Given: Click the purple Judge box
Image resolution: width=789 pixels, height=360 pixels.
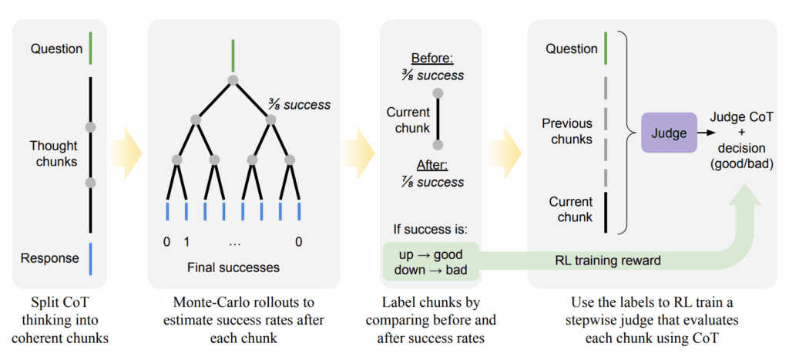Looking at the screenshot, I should pyautogui.click(x=669, y=133).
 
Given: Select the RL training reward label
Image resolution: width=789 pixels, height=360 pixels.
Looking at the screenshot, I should pyautogui.click(x=608, y=260).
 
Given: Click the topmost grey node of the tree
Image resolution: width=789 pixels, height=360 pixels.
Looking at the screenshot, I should pyautogui.click(x=233, y=79).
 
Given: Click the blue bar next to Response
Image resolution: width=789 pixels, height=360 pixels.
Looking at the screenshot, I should pyautogui.click(x=90, y=258).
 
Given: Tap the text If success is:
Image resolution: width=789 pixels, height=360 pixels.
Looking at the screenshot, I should pyautogui.click(x=430, y=230).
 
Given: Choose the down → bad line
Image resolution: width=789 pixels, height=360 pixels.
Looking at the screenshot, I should pyautogui.click(x=431, y=271).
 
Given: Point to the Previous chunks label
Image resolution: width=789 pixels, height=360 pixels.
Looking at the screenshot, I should pyautogui.click(x=567, y=131).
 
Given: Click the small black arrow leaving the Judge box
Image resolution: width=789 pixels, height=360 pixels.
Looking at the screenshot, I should pyautogui.click(x=704, y=133).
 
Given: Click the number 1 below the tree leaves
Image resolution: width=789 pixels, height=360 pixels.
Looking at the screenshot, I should pyautogui.click(x=186, y=241).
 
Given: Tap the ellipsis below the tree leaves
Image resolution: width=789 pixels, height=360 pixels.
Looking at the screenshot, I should pyautogui.click(x=234, y=241).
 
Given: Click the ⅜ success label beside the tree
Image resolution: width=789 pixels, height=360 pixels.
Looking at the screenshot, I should pyautogui.click(x=299, y=104).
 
